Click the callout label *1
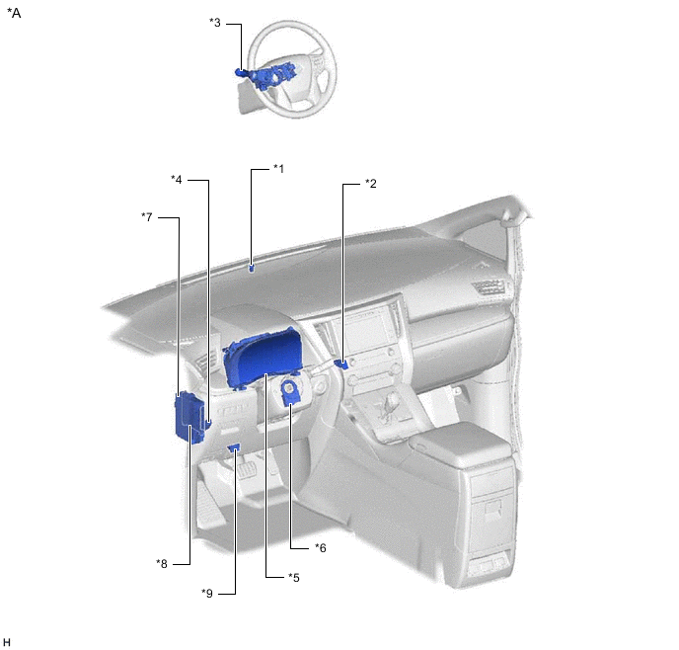tap(279, 169)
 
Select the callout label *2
tap(371, 184)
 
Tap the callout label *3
tap(215, 22)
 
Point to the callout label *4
tap(177, 179)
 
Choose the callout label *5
tap(294, 578)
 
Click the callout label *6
tap(321, 548)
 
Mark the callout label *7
tap(147, 216)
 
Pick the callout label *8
tap(162, 564)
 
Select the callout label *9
tap(207, 594)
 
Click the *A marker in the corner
tap(14, 13)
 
